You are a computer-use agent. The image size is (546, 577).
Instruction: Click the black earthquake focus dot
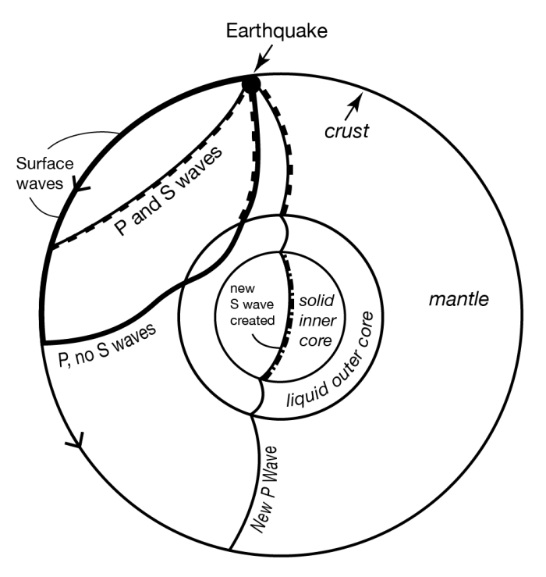(x=250, y=82)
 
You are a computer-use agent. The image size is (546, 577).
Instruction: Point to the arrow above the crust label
(x=355, y=102)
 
